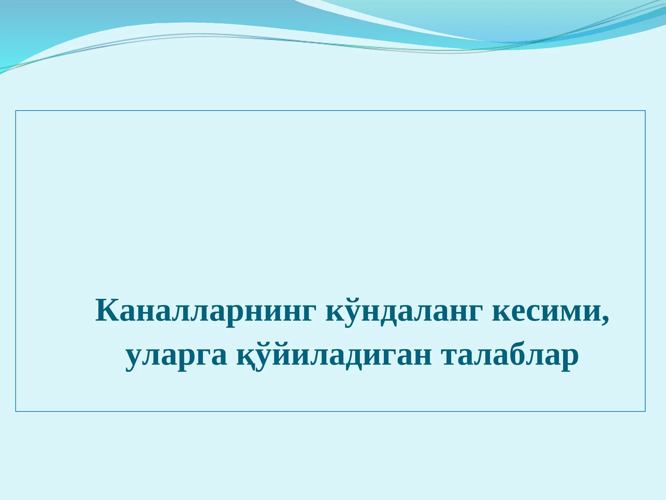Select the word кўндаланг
pos(404,311)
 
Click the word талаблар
pos(510,356)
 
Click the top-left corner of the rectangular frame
pos(16,111)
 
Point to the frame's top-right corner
pos(645,111)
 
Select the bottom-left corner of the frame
pos(16,411)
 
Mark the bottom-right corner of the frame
pos(645,411)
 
